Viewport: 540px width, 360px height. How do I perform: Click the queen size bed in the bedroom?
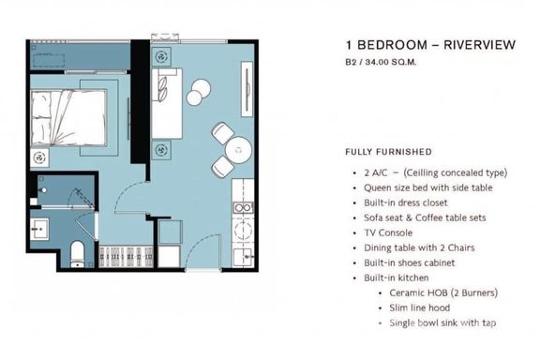tap(68, 117)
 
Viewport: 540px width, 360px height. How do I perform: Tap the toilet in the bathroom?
tap(77, 255)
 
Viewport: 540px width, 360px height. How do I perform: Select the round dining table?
tap(238, 151)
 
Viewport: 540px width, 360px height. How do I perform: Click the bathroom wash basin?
tap(39, 229)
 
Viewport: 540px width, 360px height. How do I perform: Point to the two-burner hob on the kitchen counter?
tap(243, 208)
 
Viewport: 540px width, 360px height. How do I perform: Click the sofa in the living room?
tap(167, 103)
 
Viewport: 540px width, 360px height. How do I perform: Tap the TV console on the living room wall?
tap(247, 90)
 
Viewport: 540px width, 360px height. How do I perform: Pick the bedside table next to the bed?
tap(39, 158)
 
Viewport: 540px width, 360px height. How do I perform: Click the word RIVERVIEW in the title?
tap(479, 45)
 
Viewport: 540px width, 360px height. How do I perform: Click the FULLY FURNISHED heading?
tap(388, 152)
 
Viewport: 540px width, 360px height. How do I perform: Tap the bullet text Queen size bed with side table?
tap(428, 187)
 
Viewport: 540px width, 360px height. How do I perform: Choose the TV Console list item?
tap(388, 232)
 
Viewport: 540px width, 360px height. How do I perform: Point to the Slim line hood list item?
tap(419, 307)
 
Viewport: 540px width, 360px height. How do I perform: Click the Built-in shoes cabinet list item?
tap(409, 262)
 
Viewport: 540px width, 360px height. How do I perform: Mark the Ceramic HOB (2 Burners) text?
tap(443, 292)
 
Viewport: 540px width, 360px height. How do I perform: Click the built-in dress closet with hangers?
tap(126, 257)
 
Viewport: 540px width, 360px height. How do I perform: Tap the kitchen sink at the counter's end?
tap(243, 257)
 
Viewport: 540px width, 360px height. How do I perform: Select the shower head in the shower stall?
tap(43, 190)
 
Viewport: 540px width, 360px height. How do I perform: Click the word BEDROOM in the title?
tap(392, 45)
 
